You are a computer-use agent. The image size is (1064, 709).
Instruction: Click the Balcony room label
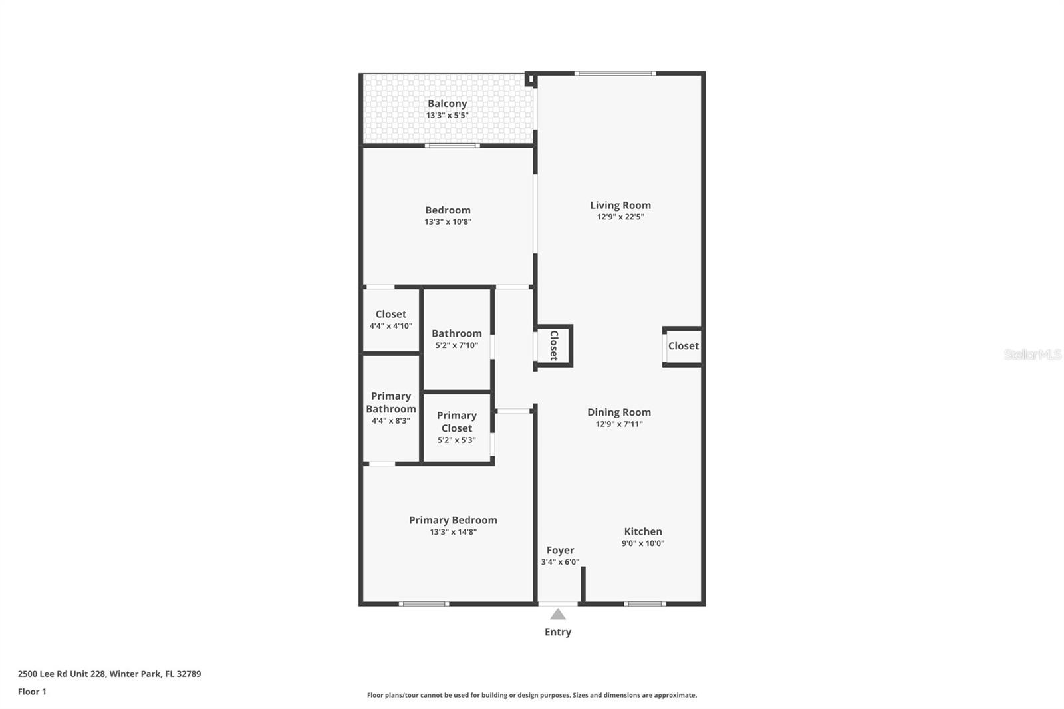(447, 104)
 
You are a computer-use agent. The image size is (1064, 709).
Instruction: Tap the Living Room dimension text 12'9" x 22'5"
(620, 217)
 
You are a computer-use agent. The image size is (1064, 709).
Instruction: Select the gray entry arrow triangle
(558, 615)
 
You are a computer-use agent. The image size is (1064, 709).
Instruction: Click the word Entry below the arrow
(558, 632)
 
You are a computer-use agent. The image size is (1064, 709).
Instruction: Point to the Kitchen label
(642, 531)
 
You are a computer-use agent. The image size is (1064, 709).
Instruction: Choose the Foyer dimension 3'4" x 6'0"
(560, 562)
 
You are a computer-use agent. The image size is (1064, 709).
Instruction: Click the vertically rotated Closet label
(553, 346)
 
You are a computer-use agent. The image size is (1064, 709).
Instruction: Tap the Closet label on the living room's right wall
(683, 346)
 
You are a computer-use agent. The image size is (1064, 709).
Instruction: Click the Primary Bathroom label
(391, 402)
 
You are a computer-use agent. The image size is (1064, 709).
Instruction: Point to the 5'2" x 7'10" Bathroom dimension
(457, 345)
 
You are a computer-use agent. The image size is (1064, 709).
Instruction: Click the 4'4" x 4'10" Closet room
(391, 319)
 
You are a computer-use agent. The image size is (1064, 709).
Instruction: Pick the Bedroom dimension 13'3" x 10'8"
(448, 222)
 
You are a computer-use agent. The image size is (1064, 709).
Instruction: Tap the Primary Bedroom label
(453, 520)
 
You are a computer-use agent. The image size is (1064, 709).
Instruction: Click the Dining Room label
(618, 412)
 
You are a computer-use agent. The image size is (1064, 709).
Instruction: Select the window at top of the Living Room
(615, 73)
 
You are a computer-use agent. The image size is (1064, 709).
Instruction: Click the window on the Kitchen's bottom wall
(644, 604)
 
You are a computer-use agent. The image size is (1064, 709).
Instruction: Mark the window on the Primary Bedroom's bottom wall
(424, 604)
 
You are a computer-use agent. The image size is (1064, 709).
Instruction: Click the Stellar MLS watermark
(1032, 354)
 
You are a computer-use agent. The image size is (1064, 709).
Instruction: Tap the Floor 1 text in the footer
(32, 692)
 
